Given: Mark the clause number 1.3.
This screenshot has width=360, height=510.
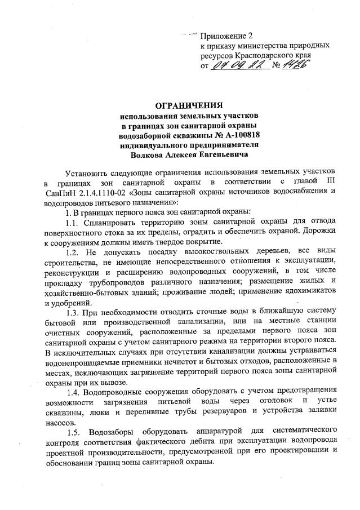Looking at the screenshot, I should click(x=74, y=312).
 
